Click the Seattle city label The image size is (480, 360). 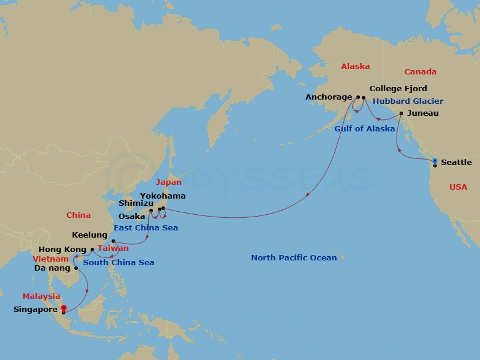pos(456,163)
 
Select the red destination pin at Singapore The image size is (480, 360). pos(63,308)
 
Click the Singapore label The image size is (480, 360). pos(35,310)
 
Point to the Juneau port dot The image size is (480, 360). pos(401,113)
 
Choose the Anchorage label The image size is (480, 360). pos(328,97)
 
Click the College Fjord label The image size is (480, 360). pos(398,89)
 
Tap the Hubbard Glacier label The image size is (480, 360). pos(408,101)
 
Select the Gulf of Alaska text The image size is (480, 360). pos(365,128)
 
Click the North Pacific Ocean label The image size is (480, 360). pos(294,258)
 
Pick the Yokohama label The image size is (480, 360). pos(163,196)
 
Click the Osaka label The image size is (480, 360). pos(131,216)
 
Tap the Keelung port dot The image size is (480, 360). pos(113,241)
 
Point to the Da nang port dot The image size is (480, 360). pos(76,268)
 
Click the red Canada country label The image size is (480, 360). pos(420,71)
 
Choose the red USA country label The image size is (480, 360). pos(458,187)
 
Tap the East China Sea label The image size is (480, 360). pos(146,228)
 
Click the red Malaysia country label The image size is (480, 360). pos(41,296)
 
